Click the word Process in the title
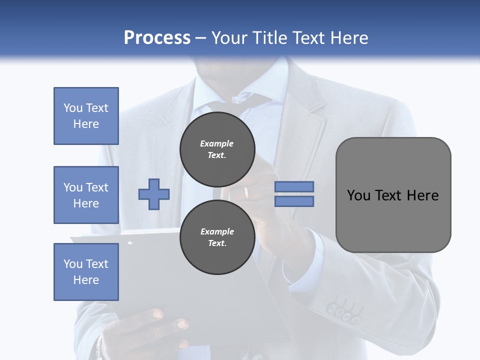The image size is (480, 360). (157, 38)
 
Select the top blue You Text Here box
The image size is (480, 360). (86, 116)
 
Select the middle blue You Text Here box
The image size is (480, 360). (86, 195)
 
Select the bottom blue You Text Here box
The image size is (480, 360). (86, 271)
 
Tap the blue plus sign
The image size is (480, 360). (153, 194)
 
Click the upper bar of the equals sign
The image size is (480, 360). (294, 186)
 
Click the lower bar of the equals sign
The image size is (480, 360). (294, 201)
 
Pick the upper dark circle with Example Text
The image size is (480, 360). (217, 149)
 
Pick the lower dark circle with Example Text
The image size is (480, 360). (217, 237)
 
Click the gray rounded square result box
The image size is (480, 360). (393, 194)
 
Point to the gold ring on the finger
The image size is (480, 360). (246, 192)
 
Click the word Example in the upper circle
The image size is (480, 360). (216, 143)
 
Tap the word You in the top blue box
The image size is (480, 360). (72, 108)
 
